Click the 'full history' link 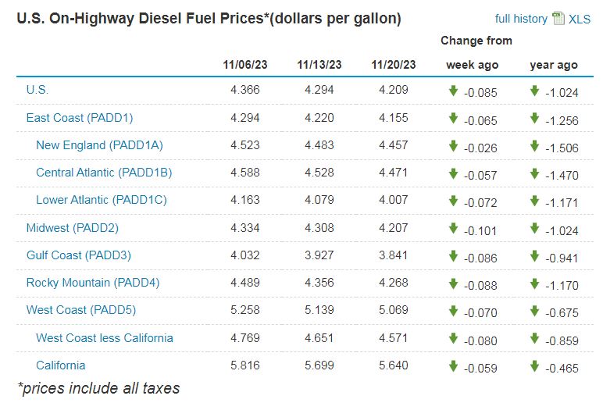[521, 19]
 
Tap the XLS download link [579, 19]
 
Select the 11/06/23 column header [245, 65]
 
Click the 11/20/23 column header [394, 65]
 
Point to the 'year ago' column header [554, 65]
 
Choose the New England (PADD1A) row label [99, 145]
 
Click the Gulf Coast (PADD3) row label [78, 255]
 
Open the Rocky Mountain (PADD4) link [92, 283]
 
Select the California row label [61, 365]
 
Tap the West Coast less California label [105, 338]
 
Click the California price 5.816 [245, 365]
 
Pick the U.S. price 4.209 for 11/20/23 [394, 90]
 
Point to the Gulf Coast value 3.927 [319, 255]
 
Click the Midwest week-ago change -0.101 [480, 230]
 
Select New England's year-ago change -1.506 [562, 147]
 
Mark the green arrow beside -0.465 [535, 366]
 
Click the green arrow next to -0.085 [453, 91]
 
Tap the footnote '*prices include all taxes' [98, 388]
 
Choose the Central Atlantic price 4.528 [319, 173]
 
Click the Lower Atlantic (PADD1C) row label [102, 200]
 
